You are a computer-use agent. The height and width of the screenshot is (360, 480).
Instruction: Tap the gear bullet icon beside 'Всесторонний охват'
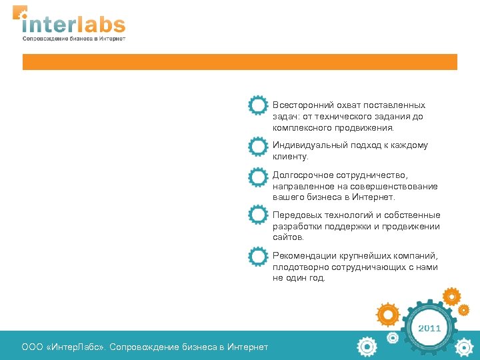click(258, 106)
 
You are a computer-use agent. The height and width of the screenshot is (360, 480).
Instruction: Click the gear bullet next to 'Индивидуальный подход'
click(258, 146)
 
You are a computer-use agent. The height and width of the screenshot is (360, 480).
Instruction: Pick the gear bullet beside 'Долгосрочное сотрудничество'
click(258, 177)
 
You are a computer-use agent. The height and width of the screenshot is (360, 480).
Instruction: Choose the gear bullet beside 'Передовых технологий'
click(258, 215)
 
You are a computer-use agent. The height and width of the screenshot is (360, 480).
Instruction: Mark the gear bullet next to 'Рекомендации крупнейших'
click(258, 257)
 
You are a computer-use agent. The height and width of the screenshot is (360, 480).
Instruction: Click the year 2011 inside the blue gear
click(429, 329)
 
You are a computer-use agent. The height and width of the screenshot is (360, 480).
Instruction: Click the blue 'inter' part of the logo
click(48, 25)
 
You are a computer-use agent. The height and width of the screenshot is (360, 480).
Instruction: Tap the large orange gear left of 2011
click(387, 313)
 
